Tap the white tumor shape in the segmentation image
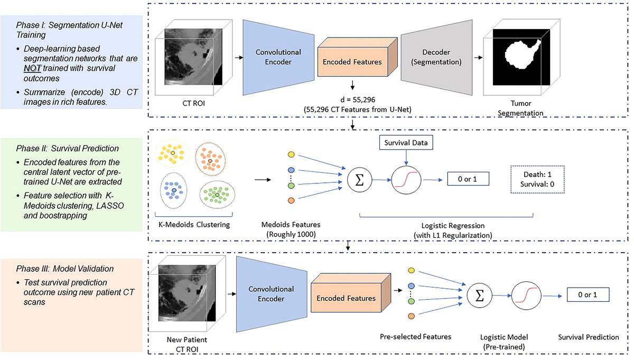click(520, 55)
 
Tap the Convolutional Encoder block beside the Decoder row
click(278, 57)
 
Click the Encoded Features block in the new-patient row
click(346, 298)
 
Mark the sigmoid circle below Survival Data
click(406, 179)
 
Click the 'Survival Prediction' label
click(588, 337)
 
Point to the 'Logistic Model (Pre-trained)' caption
click(504, 341)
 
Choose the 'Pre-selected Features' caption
click(415, 337)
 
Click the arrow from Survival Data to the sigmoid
click(406, 157)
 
